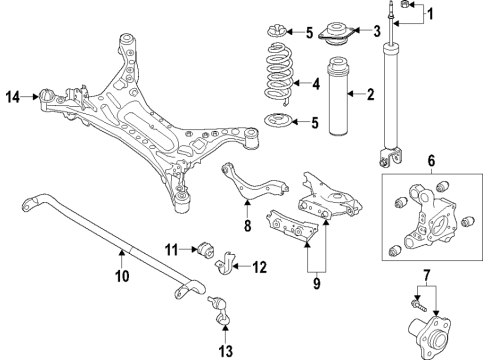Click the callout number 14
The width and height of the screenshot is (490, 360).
(x=13, y=97)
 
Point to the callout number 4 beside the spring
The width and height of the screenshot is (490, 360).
(x=317, y=84)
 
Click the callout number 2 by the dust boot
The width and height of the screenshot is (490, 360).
(x=369, y=96)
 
